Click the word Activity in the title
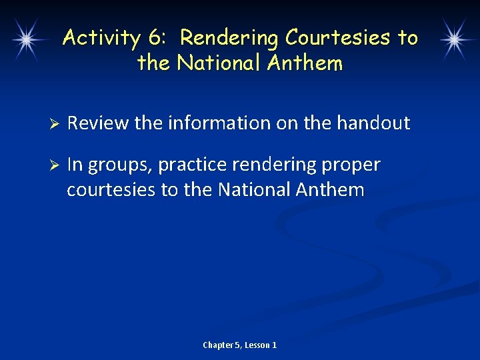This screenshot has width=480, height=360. pyautogui.click(x=101, y=38)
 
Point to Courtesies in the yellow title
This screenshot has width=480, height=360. pyautogui.click(x=340, y=38)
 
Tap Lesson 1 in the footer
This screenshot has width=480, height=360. pyautogui.click(x=261, y=345)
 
